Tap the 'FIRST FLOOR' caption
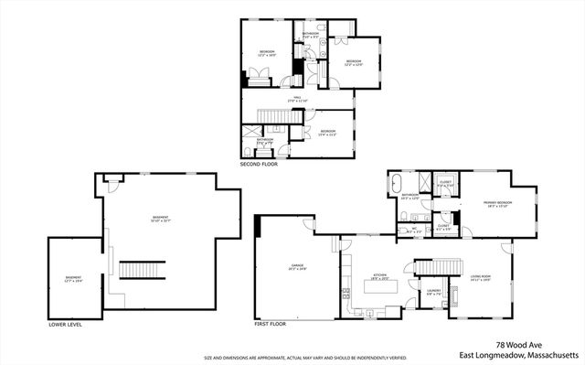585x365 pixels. click(x=271, y=324)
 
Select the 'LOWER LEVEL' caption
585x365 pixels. click(x=66, y=324)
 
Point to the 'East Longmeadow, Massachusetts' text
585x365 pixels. click(x=518, y=354)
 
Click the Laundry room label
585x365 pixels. click(x=434, y=293)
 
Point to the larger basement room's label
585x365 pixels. click(x=161, y=219)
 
